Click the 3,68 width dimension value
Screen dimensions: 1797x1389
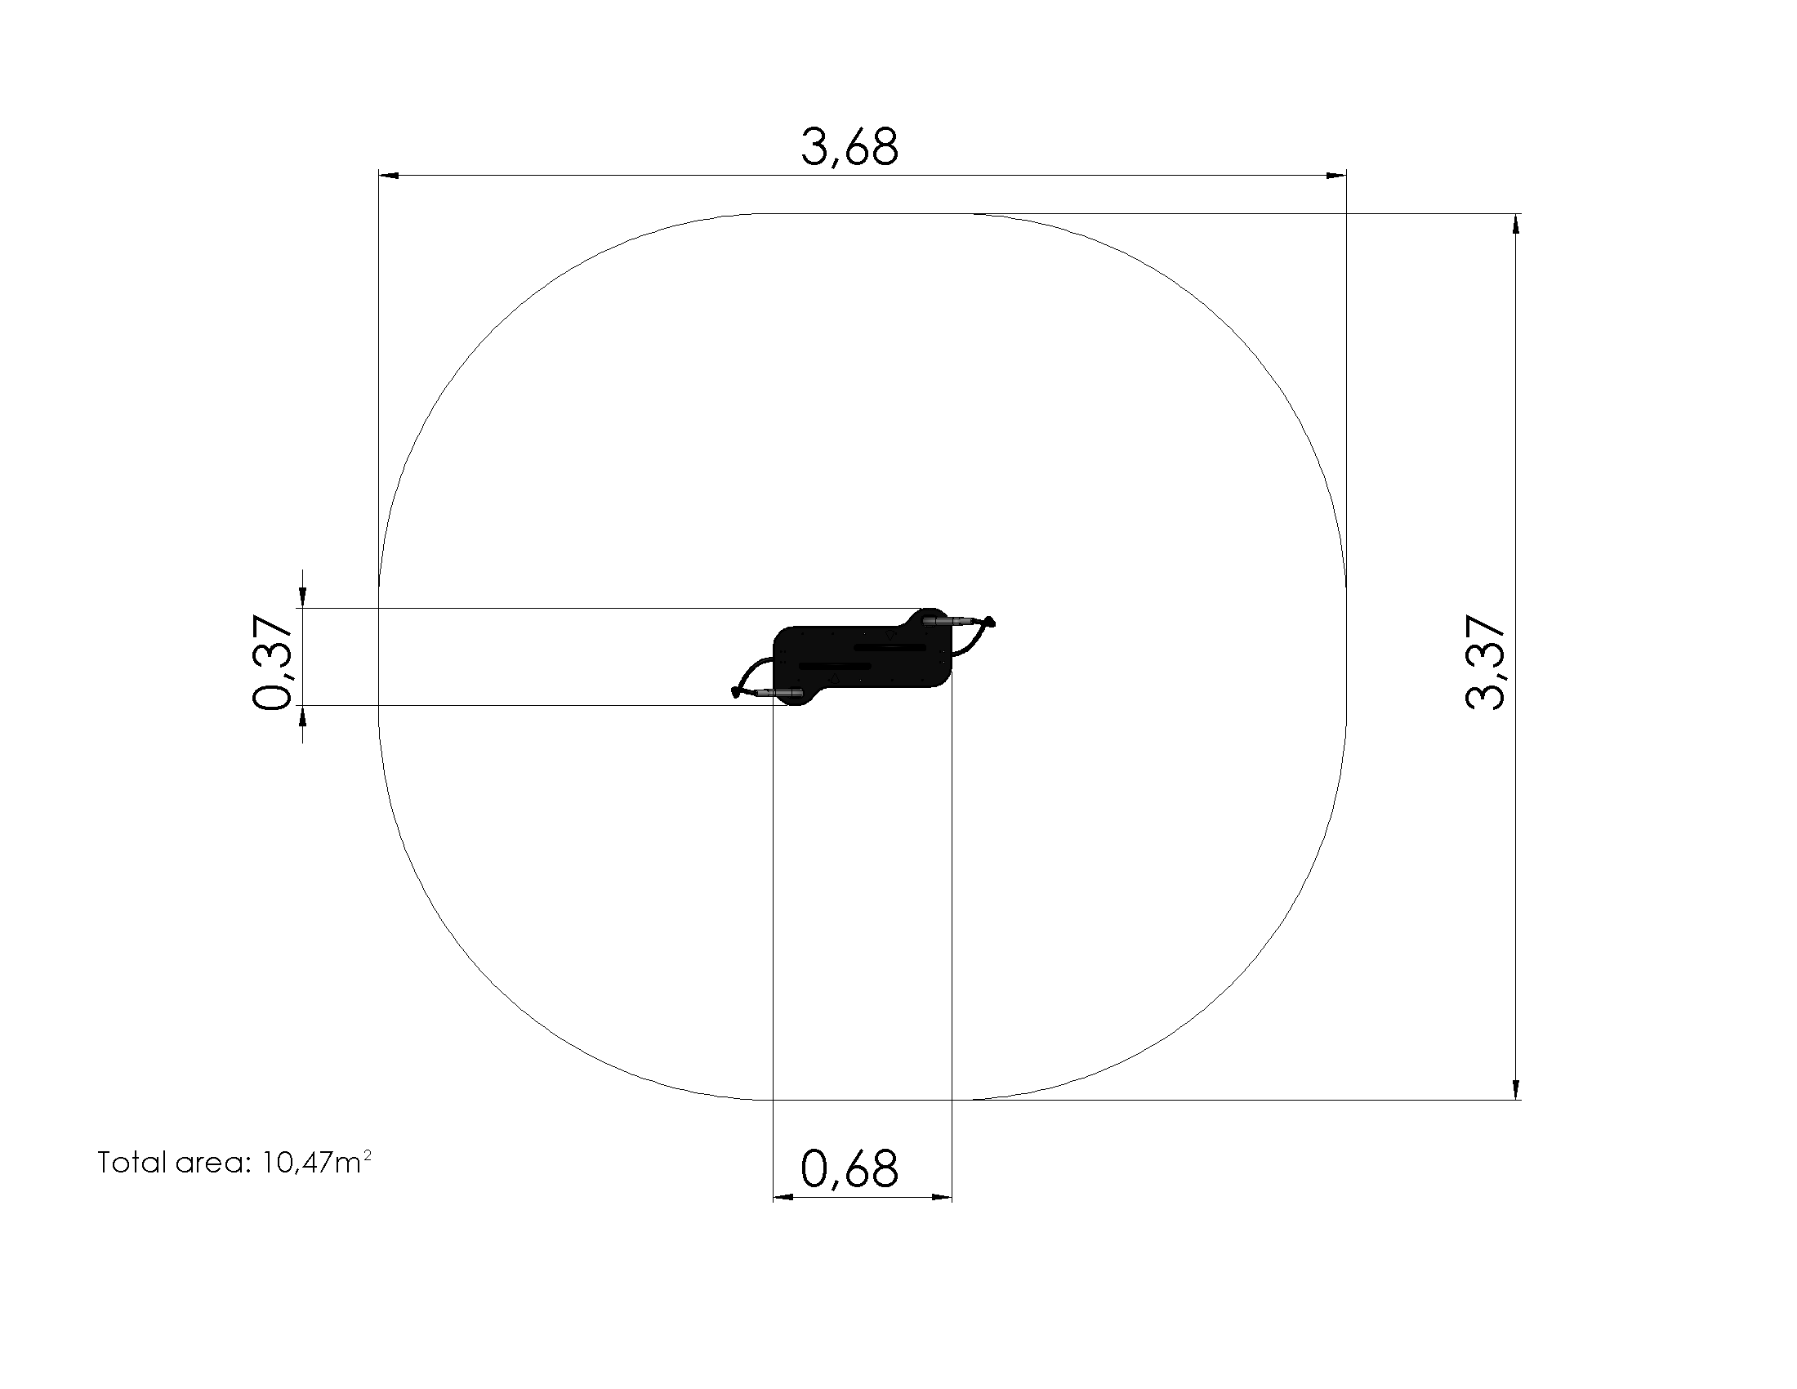point(850,148)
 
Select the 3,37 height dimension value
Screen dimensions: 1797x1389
point(1485,663)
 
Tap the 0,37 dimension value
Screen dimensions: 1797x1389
point(272,662)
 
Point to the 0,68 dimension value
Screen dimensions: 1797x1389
point(850,1169)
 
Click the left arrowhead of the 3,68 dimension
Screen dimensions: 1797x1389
point(389,176)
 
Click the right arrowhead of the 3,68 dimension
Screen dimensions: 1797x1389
point(1335,176)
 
